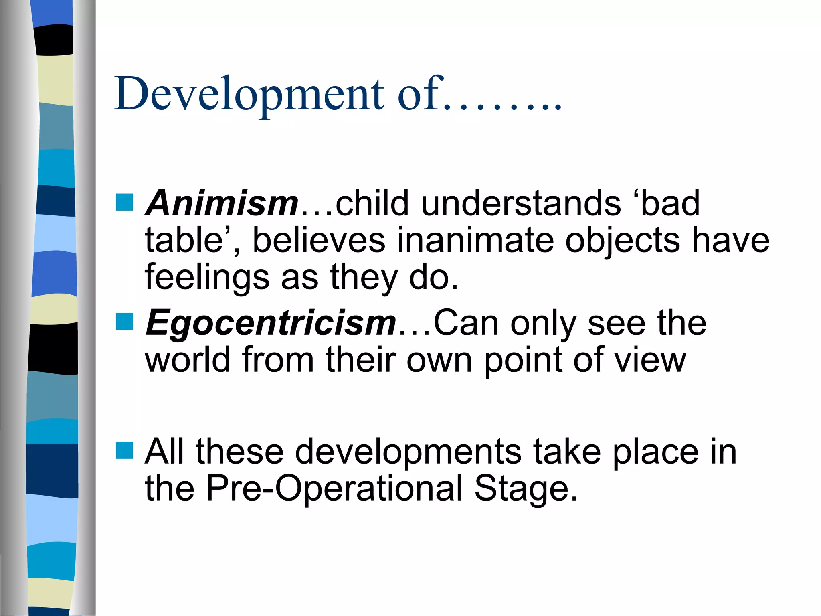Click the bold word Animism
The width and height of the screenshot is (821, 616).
point(222,203)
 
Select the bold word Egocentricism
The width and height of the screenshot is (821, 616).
point(271,323)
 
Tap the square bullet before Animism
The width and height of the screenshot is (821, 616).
point(124,202)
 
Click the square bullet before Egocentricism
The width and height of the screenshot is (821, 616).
point(124,322)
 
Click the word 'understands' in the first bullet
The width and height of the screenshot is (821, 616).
point(521,203)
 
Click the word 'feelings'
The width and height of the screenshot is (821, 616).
point(207,278)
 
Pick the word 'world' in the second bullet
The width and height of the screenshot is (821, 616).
point(187,360)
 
